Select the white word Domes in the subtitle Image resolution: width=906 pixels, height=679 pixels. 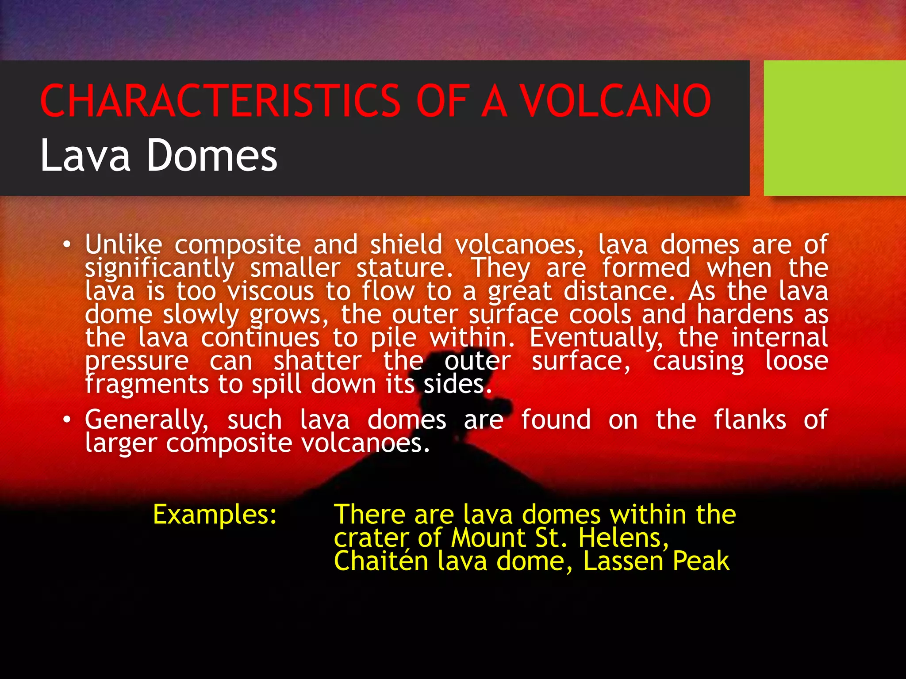(211, 156)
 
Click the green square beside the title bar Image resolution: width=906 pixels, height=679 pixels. (835, 128)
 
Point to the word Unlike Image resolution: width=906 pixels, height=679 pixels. (123, 244)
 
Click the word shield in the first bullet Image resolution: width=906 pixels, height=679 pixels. (406, 244)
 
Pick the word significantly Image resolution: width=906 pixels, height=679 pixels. (159, 268)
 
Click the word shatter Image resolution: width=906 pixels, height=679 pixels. (318, 361)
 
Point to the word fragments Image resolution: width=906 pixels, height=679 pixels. (146, 384)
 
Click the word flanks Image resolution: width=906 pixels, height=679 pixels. (750, 420)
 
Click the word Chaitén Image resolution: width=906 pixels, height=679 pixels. (381, 561)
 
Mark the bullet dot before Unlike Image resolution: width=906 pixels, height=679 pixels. (66, 244)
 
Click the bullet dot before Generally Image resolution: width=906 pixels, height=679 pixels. (66, 420)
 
